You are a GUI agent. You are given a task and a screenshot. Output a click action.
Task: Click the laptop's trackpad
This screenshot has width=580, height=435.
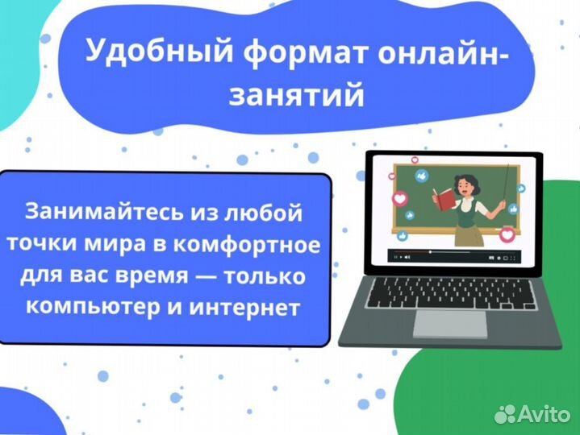(450, 324)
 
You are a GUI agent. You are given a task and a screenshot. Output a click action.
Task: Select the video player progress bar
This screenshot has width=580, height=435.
(452, 251)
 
